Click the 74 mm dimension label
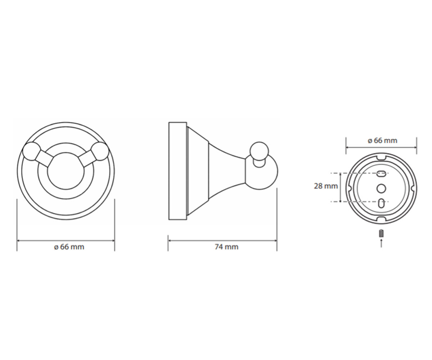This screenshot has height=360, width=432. [226, 247]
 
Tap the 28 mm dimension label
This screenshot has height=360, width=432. [326, 186]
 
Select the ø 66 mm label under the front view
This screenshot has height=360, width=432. [69, 247]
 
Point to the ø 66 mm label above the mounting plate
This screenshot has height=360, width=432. [382, 140]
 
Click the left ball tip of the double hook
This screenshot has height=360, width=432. [31, 151]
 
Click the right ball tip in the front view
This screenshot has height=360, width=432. [100, 151]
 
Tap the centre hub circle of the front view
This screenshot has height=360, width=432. [66, 171]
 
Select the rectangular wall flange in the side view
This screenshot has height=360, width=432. [178, 171]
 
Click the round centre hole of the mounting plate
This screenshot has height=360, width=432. [381, 189]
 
